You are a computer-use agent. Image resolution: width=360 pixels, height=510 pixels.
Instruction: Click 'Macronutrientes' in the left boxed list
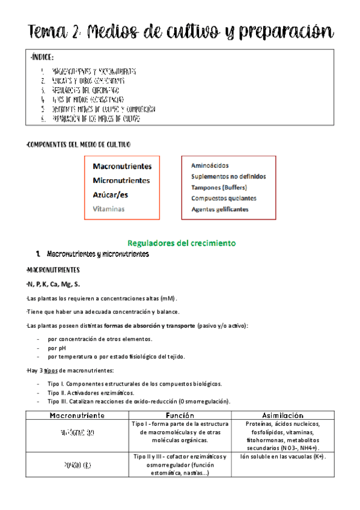click(x=122, y=166)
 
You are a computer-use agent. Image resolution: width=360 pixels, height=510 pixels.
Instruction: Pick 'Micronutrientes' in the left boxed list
click(x=121, y=180)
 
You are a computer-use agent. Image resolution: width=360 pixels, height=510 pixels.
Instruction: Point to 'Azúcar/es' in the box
click(x=110, y=195)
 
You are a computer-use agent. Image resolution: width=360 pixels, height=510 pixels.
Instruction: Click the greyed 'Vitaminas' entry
click(x=109, y=209)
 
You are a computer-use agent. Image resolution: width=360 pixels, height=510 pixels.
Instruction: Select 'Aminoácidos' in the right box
click(x=210, y=165)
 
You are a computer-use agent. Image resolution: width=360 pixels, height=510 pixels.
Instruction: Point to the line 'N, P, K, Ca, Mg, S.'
click(x=53, y=283)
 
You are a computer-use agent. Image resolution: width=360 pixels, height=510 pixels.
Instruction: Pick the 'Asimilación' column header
click(x=282, y=415)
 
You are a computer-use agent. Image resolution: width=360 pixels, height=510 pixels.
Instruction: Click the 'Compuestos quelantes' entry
click(x=224, y=198)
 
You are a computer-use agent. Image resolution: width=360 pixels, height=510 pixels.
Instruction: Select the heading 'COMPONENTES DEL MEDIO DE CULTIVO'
click(x=79, y=145)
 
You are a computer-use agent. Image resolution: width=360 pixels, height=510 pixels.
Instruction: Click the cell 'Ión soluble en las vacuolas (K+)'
click(x=282, y=456)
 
